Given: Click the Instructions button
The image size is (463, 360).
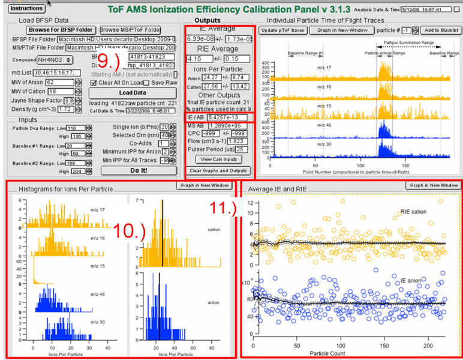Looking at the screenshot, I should (x=27, y=8).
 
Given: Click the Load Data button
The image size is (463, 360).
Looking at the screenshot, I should (x=133, y=92).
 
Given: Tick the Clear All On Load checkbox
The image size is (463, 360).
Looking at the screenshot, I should (x=93, y=82).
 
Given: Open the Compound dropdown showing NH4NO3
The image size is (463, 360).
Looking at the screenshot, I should (x=55, y=59).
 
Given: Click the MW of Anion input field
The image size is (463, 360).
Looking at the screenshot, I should (x=58, y=82).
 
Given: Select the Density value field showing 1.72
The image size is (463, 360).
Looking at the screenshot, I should (x=65, y=109).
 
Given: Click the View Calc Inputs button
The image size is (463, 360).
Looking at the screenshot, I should (x=220, y=159).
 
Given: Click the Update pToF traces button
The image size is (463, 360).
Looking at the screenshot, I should (x=282, y=30).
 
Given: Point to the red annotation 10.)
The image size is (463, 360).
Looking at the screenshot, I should (x=137, y=230).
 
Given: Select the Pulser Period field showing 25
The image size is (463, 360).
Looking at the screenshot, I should (x=241, y=149).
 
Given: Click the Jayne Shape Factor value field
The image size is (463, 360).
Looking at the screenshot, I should (x=69, y=100).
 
